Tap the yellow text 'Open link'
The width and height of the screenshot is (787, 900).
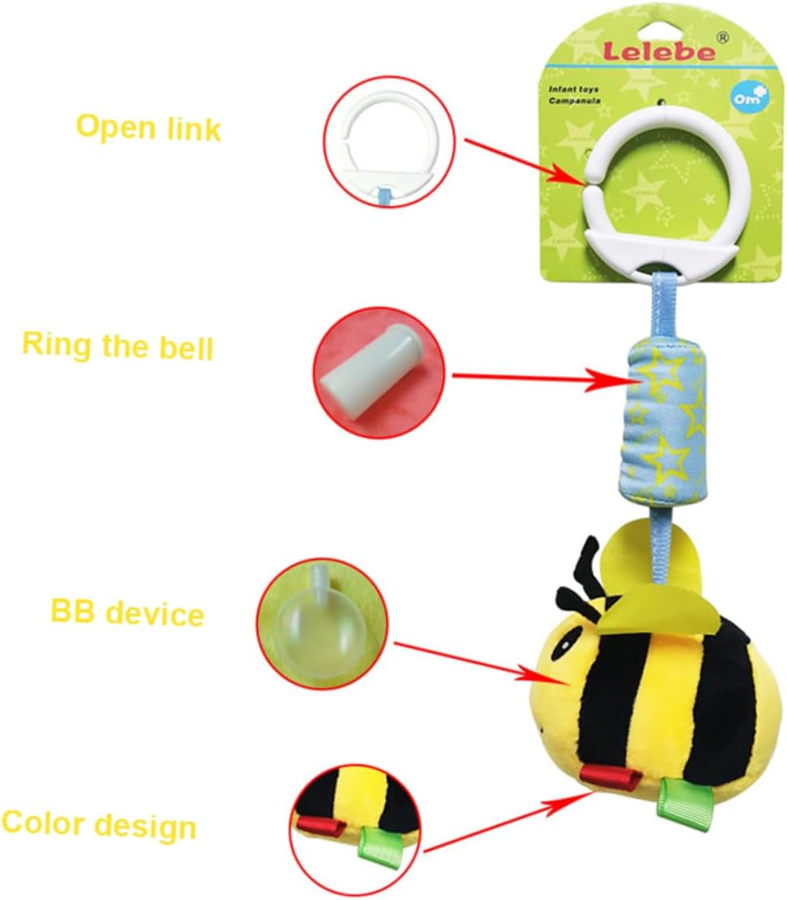(148, 127)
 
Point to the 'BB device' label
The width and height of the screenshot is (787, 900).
(127, 613)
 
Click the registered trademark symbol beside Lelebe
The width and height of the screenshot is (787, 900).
(722, 37)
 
